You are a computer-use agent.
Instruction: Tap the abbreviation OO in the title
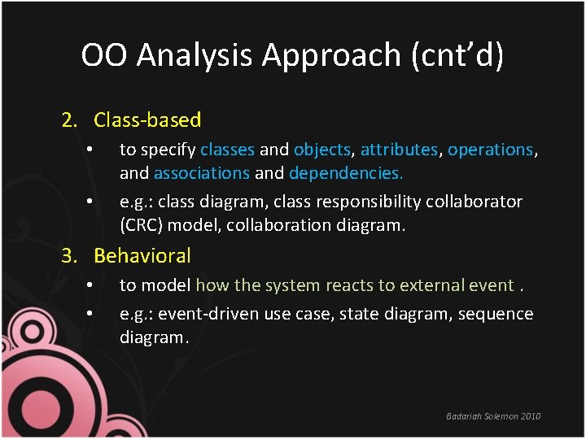pos(105,55)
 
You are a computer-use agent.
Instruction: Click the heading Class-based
pos(147,120)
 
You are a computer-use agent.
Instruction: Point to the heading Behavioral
pos(142,255)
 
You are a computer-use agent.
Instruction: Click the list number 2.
pos(70,120)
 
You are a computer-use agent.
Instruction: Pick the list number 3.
pos(70,255)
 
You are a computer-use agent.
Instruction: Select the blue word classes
pos(227,150)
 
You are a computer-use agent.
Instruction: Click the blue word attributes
pos(399,150)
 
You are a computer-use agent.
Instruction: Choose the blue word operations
pos(490,150)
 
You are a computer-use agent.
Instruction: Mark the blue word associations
pos(201,173)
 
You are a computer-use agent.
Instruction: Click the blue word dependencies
pos(346,173)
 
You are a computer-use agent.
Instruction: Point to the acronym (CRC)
pos(145,224)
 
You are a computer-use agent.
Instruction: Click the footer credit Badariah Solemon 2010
pos(493,416)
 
